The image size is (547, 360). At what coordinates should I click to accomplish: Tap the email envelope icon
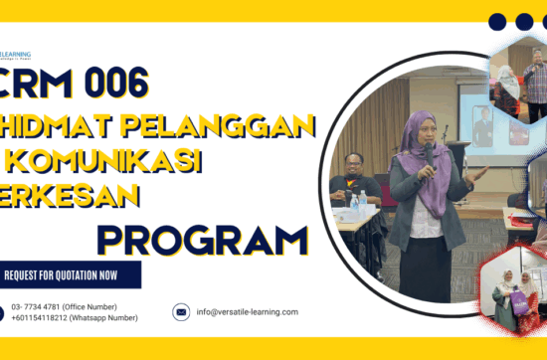(181, 312)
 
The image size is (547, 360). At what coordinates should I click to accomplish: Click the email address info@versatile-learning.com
(248, 312)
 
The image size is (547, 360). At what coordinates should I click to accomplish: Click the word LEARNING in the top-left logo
(18, 54)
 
